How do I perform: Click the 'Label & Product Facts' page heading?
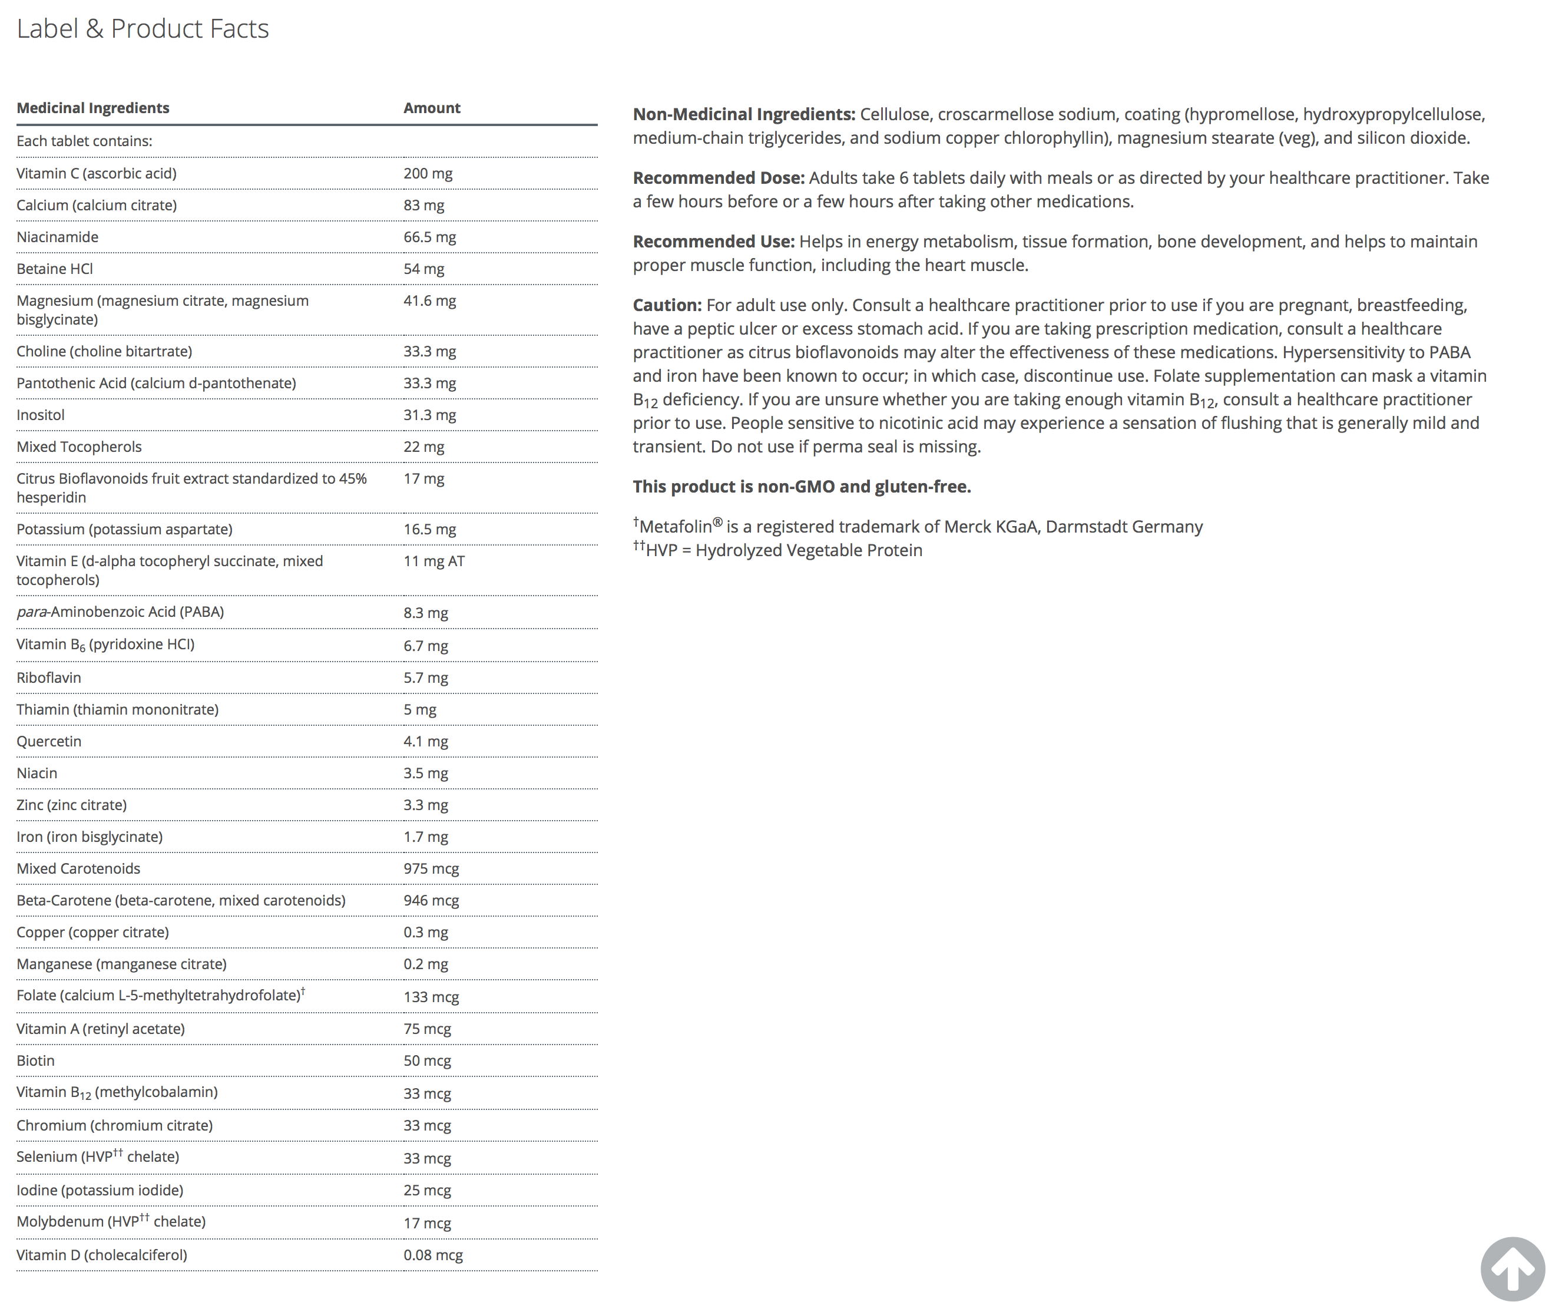[x=143, y=29]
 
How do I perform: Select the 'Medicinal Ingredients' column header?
[x=93, y=108]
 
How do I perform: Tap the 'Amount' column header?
[x=432, y=108]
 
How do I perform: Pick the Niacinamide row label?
[x=58, y=237]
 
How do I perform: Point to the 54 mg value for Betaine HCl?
[x=423, y=269]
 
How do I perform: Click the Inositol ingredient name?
[x=41, y=415]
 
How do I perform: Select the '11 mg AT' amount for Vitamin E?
[x=434, y=561]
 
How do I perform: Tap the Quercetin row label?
[x=49, y=741]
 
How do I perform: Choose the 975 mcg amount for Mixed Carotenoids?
[x=431, y=869]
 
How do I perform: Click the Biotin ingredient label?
[x=35, y=1060]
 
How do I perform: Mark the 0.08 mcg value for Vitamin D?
[x=433, y=1255]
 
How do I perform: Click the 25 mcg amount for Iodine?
[x=427, y=1190]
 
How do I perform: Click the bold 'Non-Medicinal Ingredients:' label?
[x=744, y=114]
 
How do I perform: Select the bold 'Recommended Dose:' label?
[x=719, y=178]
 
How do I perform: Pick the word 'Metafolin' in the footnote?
[x=675, y=527]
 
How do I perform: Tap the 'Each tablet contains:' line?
[x=84, y=141]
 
